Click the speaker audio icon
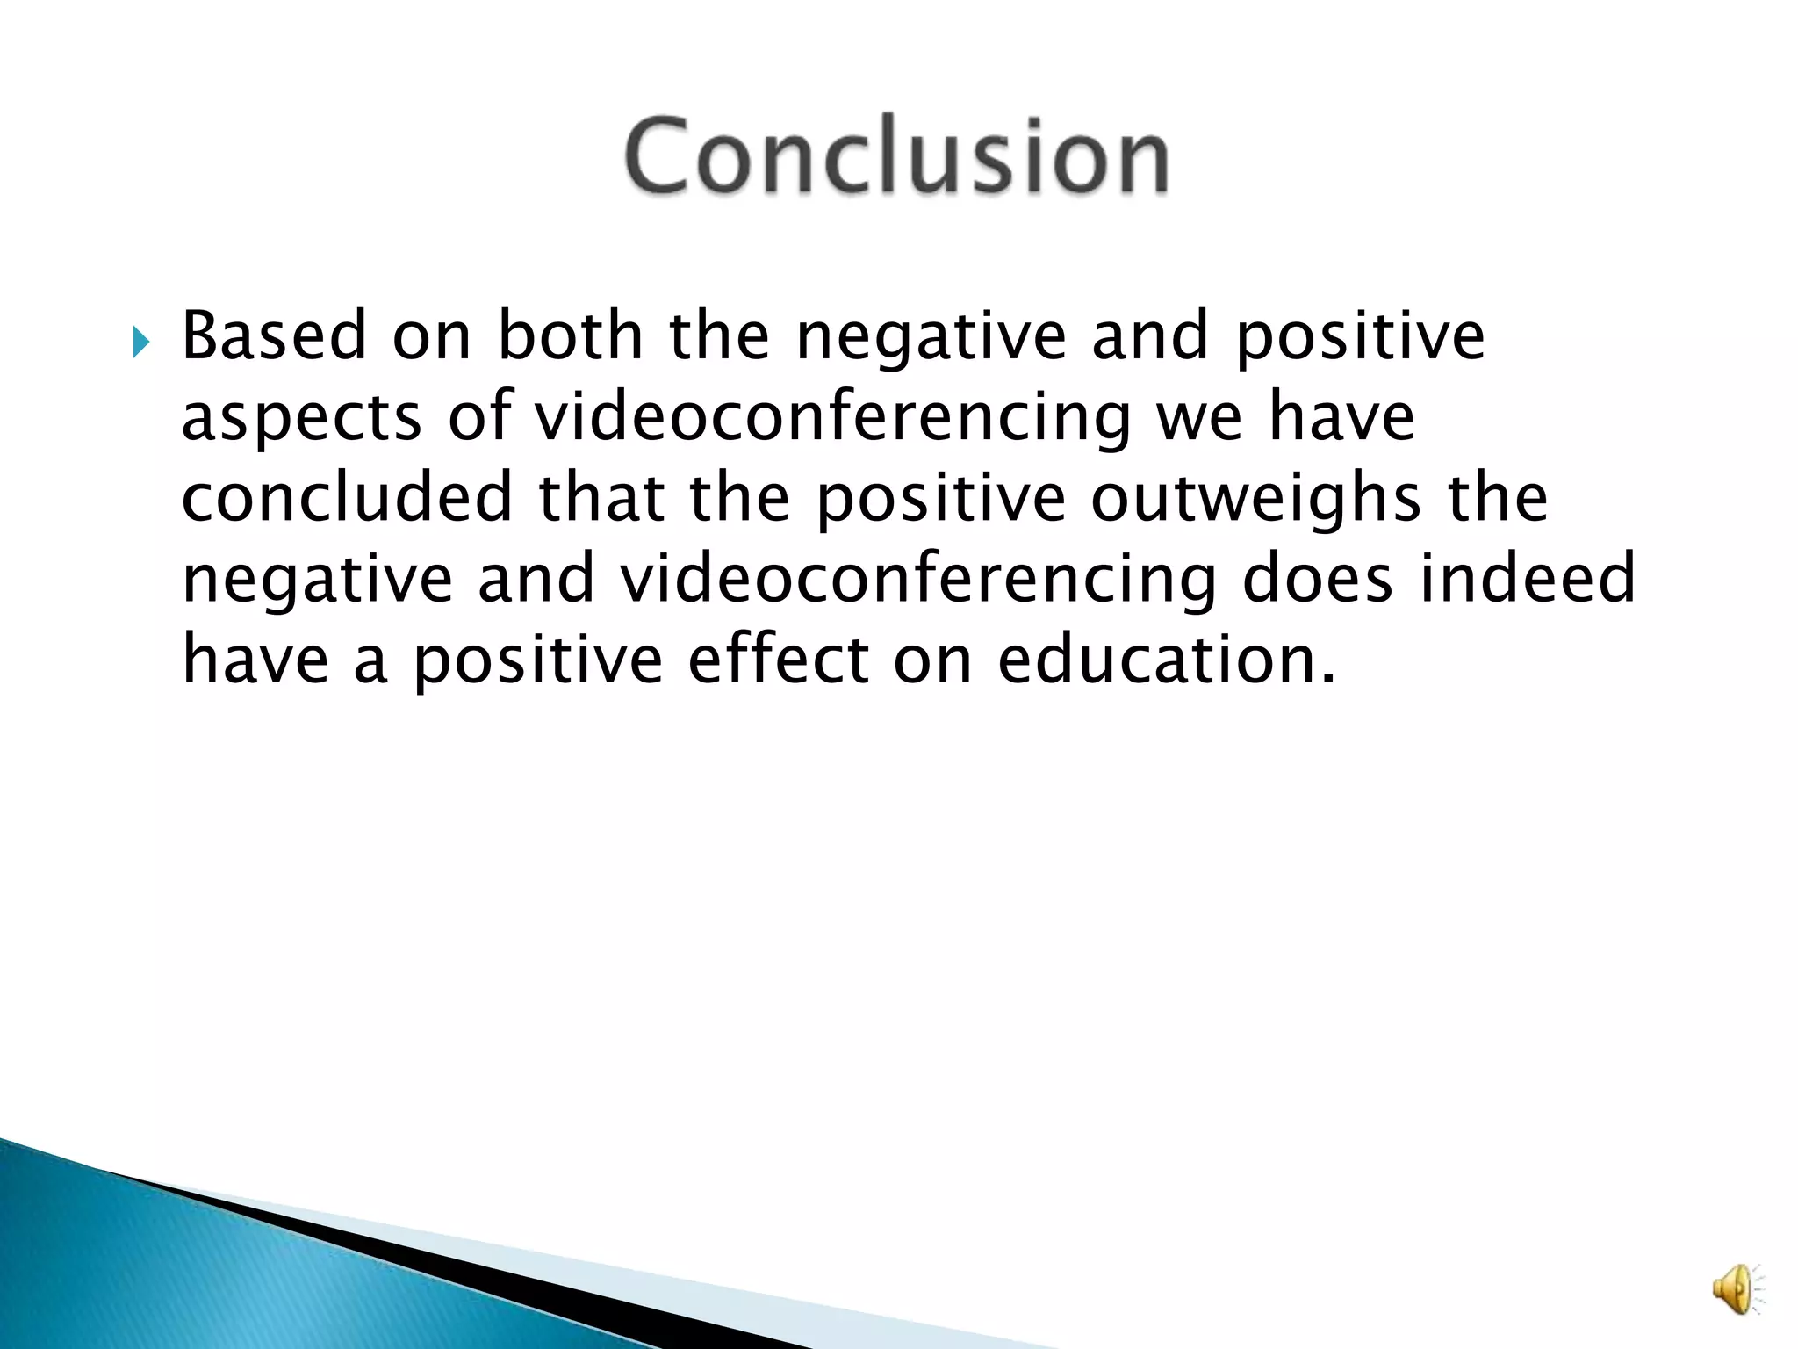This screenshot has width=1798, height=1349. (1736, 1288)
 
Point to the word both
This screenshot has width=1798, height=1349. (571, 336)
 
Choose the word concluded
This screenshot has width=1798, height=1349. (347, 497)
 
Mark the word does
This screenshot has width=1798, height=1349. (1318, 578)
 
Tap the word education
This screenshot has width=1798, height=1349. (1166, 660)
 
